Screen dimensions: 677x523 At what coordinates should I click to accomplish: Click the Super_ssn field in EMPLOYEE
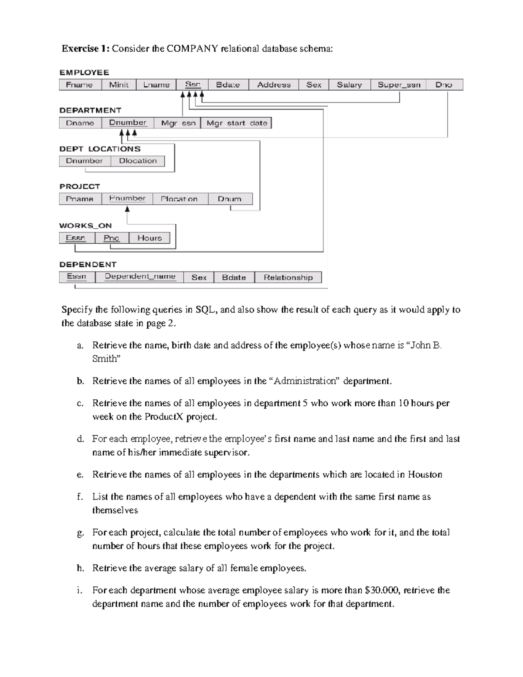399,85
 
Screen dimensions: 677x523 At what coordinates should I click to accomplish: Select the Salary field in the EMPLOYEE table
349,85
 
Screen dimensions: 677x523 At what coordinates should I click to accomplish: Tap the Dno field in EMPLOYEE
444,85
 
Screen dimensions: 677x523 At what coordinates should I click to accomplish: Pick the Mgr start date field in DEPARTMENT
237,123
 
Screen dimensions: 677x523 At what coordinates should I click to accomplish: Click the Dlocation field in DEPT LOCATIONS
138,161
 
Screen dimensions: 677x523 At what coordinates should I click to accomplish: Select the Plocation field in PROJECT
179,199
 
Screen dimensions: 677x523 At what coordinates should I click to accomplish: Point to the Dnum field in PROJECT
230,199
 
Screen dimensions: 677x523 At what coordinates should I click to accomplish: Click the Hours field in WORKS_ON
149,238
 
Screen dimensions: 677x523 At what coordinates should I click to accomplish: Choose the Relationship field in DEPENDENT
288,277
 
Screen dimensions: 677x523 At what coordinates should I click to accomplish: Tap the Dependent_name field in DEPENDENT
140,276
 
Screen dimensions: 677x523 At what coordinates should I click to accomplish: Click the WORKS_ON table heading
85,225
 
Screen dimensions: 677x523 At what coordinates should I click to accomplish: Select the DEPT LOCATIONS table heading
100,149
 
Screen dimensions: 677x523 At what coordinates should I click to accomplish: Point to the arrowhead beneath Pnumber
127,209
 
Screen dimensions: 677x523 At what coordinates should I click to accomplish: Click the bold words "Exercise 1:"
85,48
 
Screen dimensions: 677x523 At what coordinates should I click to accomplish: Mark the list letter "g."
80,533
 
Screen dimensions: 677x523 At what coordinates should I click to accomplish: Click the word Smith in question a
105,359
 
